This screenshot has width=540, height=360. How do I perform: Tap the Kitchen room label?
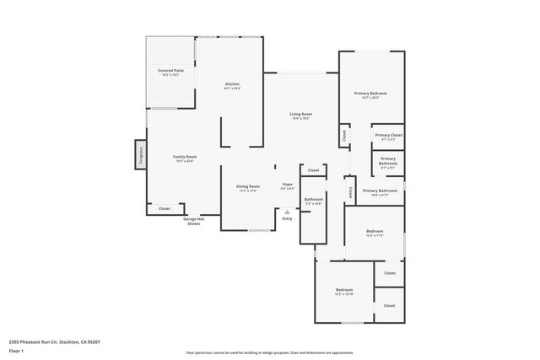[232, 83]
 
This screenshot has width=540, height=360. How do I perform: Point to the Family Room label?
[185, 157]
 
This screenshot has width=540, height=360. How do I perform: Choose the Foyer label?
[288, 183]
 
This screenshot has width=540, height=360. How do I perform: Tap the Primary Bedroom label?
[370, 93]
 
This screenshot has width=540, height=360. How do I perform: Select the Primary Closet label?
[388, 135]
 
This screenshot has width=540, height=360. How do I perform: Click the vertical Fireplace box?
[140, 156]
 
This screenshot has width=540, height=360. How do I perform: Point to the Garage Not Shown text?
[193, 221]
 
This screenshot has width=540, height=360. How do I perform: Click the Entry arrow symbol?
[287, 212]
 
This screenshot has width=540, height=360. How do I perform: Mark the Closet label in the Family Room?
[165, 208]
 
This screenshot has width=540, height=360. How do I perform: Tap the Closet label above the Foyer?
[313, 170]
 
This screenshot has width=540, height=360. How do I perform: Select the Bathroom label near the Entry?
[314, 199]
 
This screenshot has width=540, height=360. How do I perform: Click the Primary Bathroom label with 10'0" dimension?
[380, 191]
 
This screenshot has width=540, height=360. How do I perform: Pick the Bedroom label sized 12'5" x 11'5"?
[375, 231]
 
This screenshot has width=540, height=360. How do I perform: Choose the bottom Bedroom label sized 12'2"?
[343, 290]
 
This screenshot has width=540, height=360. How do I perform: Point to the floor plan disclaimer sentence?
[270, 352]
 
